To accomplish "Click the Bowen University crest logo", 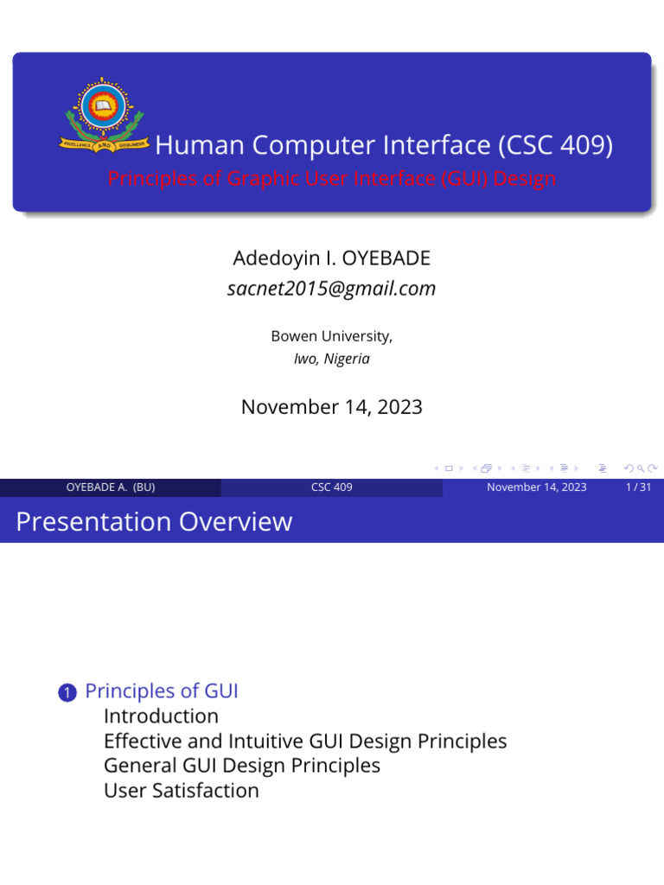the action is (104, 115).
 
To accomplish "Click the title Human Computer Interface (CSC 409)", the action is (384, 145).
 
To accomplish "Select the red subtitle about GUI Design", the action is (332, 178).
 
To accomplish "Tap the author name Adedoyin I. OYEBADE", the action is (331, 258).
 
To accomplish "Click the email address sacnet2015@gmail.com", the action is (331, 289).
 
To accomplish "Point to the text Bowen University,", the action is (331, 336).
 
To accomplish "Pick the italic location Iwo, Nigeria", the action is (331, 359).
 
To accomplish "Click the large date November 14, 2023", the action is (331, 407).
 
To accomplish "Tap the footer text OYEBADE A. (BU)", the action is (111, 487).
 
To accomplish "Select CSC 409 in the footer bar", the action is (331, 487).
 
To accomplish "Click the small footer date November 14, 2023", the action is (536, 487).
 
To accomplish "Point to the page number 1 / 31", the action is (638, 487).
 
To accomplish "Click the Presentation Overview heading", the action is (154, 521).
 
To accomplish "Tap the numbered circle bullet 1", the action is (67, 692).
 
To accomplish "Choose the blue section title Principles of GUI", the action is (162, 691).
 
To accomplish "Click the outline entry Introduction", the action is (161, 716).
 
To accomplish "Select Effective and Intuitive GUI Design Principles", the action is (305, 741).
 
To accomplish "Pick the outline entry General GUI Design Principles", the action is (242, 766).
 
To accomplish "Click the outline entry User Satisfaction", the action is (182, 791).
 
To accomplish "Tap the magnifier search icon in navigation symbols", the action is (641, 468).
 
